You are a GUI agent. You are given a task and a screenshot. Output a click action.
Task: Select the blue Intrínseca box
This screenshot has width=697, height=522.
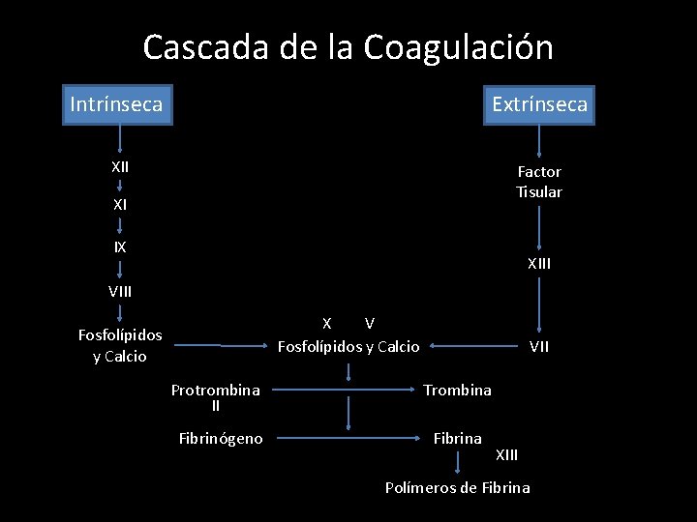(x=116, y=103)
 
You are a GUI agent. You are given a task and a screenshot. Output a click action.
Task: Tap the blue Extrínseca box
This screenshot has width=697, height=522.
(x=539, y=104)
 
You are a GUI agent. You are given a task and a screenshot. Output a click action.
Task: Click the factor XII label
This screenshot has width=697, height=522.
(x=120, y=166)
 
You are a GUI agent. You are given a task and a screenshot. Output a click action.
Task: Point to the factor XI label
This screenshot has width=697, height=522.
(x=120, y=205)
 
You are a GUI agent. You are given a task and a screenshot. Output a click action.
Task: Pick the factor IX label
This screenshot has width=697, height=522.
(x=120, y=247)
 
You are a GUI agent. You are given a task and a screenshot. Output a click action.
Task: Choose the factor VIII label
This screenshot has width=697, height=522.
(x=120, y=290)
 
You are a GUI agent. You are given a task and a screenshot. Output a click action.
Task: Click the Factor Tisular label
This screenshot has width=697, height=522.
(x=539, y=182)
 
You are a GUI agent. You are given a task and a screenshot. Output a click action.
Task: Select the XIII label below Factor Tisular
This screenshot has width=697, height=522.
(x=539, y=263)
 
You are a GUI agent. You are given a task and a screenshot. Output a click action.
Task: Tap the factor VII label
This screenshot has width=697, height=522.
(x=539, y=346)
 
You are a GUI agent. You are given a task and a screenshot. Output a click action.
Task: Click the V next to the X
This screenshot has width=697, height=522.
(x=370, y=323)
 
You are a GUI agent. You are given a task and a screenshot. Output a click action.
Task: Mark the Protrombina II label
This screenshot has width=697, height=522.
(x=215, y=397)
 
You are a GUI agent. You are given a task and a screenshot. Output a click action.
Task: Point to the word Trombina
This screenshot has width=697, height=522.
(x=457, y=390)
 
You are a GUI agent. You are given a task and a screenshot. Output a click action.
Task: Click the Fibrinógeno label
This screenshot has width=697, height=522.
(x=221, y=439)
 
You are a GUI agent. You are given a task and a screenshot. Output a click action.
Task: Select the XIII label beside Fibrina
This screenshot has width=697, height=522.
(x=507, y=454)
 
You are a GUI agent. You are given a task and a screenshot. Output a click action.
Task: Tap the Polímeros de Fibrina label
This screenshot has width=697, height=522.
(x=457, y=488)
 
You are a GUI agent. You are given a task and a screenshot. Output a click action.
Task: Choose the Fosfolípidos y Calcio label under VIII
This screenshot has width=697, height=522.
(x=120, y=346)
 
